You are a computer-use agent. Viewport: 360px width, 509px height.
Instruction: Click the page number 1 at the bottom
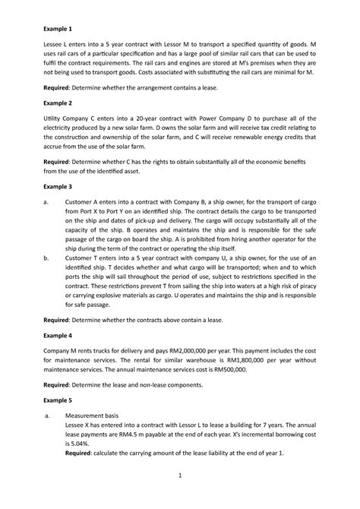179,498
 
